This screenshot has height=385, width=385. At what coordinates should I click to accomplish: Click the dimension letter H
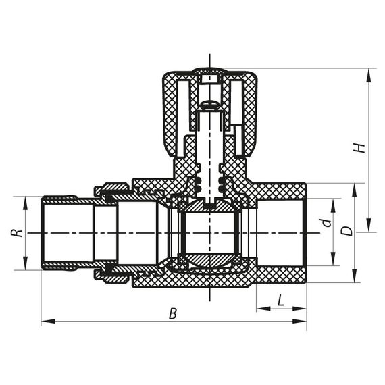pyautogui.click(x=361, y=147)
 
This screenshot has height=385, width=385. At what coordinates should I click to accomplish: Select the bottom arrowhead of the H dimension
pyautogui.click(x=369, y=228)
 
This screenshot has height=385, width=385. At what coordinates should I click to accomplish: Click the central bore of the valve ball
pyautogui.click(x=210, y=233)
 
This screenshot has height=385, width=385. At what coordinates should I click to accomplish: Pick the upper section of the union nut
pyautogui.click(x=112, y=190)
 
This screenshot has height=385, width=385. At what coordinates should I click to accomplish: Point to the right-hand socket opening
pyautogui.click(x=282, y=232)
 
